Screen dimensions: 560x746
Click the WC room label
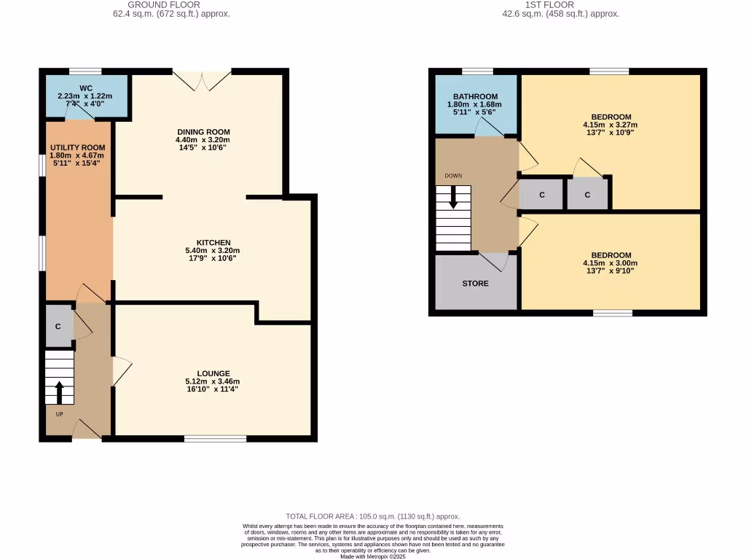coord(86,88)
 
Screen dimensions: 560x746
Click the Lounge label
coord(213,373)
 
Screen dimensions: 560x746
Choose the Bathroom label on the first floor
coord(475,97)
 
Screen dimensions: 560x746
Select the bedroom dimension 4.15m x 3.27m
coord(610,125)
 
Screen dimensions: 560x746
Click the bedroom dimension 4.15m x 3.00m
coord(610,263)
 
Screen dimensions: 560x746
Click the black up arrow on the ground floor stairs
coord(59,390)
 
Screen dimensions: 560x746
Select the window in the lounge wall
coord(214,438)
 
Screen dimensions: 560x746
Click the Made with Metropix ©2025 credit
coord(372,556)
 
